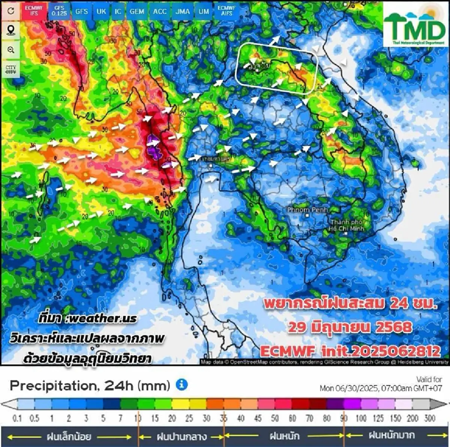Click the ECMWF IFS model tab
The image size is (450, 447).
[34, 10]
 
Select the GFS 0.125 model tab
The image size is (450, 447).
[59, 10]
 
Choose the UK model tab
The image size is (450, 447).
[101, 11]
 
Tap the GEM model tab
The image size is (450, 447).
[137, 11]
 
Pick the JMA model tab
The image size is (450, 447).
[183, 11]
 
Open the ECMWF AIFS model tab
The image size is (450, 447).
[226, 10]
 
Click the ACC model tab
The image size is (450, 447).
[160, 11]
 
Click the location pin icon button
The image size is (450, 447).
[11, 30]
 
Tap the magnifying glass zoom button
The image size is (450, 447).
[11, 50]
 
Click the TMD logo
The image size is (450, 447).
[415, 25]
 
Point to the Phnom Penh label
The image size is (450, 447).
[307, 210]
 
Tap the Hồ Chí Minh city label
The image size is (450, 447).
[346, 225]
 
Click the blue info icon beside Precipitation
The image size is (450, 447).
[181, 384]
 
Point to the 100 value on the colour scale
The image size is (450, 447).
[361, 418]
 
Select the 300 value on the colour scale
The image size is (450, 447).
[430, 418]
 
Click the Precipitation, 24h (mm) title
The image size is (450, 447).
[90, 385]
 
